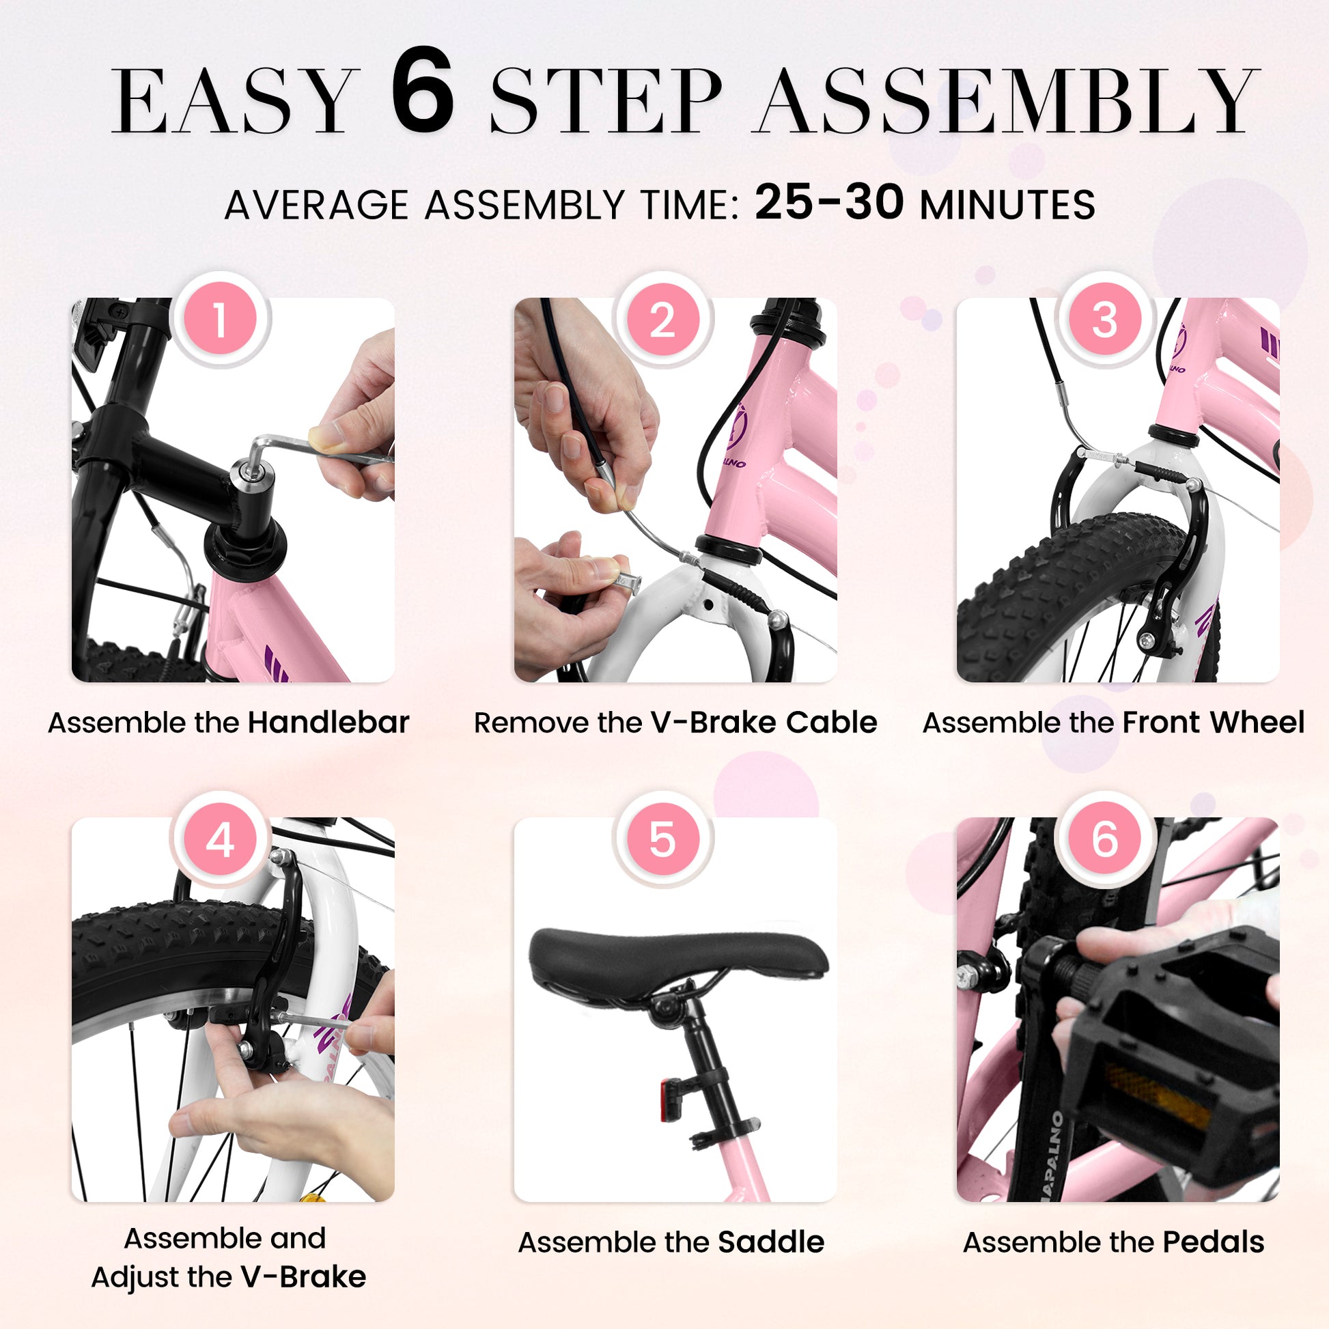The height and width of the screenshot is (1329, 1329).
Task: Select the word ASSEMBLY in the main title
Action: coord(1005,100)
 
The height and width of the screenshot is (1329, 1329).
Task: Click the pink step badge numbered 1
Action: coord(219,320)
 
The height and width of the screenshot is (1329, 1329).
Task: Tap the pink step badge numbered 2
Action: coord(662,320)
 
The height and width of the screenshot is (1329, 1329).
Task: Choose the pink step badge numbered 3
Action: coord(1105,320)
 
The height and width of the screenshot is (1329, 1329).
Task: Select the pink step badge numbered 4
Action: coord(219,840)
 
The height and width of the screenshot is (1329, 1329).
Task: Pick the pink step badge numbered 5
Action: coord(662,840)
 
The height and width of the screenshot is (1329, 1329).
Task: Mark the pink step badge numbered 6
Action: coord(1105,840)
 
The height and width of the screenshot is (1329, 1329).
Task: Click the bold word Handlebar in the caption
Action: coord(328,723)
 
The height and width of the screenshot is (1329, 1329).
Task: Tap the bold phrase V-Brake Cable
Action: coord(764,723)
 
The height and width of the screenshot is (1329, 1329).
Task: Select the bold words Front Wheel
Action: coord(1214,723)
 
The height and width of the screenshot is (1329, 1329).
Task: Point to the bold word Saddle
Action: coord(771,1242)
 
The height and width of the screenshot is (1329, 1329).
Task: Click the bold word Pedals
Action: coord(1214,1242)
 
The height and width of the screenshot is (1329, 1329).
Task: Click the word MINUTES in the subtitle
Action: coord(1008,205)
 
